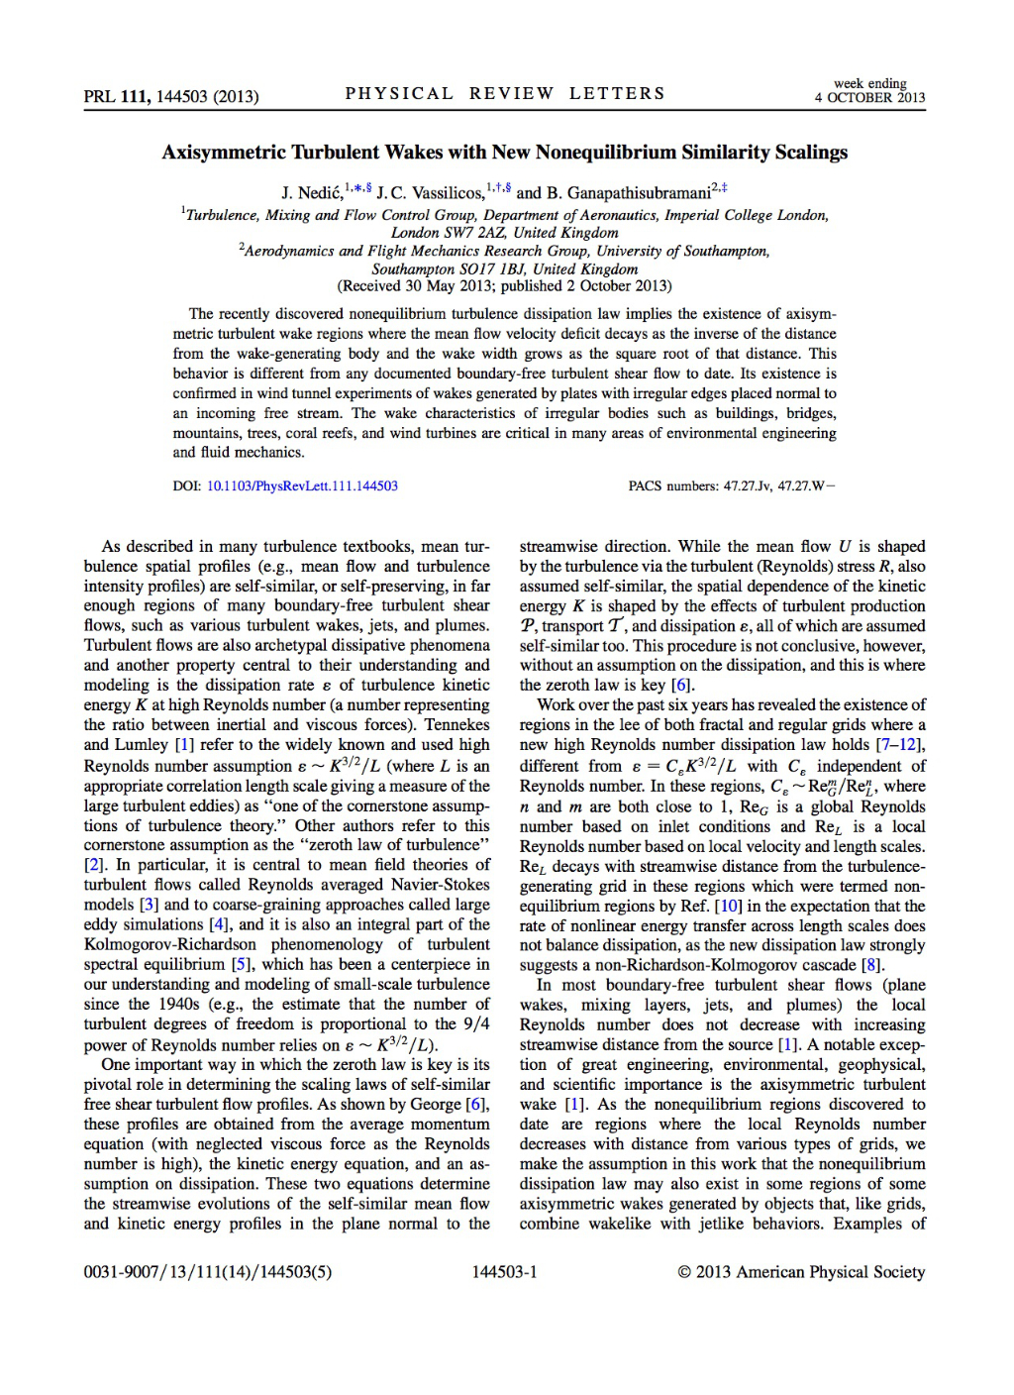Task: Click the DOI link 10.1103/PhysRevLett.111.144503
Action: [302, 486]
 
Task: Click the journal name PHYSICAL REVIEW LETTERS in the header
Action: [505, 94]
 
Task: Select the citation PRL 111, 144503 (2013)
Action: [171, 96]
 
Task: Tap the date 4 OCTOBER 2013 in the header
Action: [869, 98]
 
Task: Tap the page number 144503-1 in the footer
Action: [505, 1272]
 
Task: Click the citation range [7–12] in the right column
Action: [901, 745]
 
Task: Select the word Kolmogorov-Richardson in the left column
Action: [171, 944]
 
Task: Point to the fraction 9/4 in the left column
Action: [476, 1023]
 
